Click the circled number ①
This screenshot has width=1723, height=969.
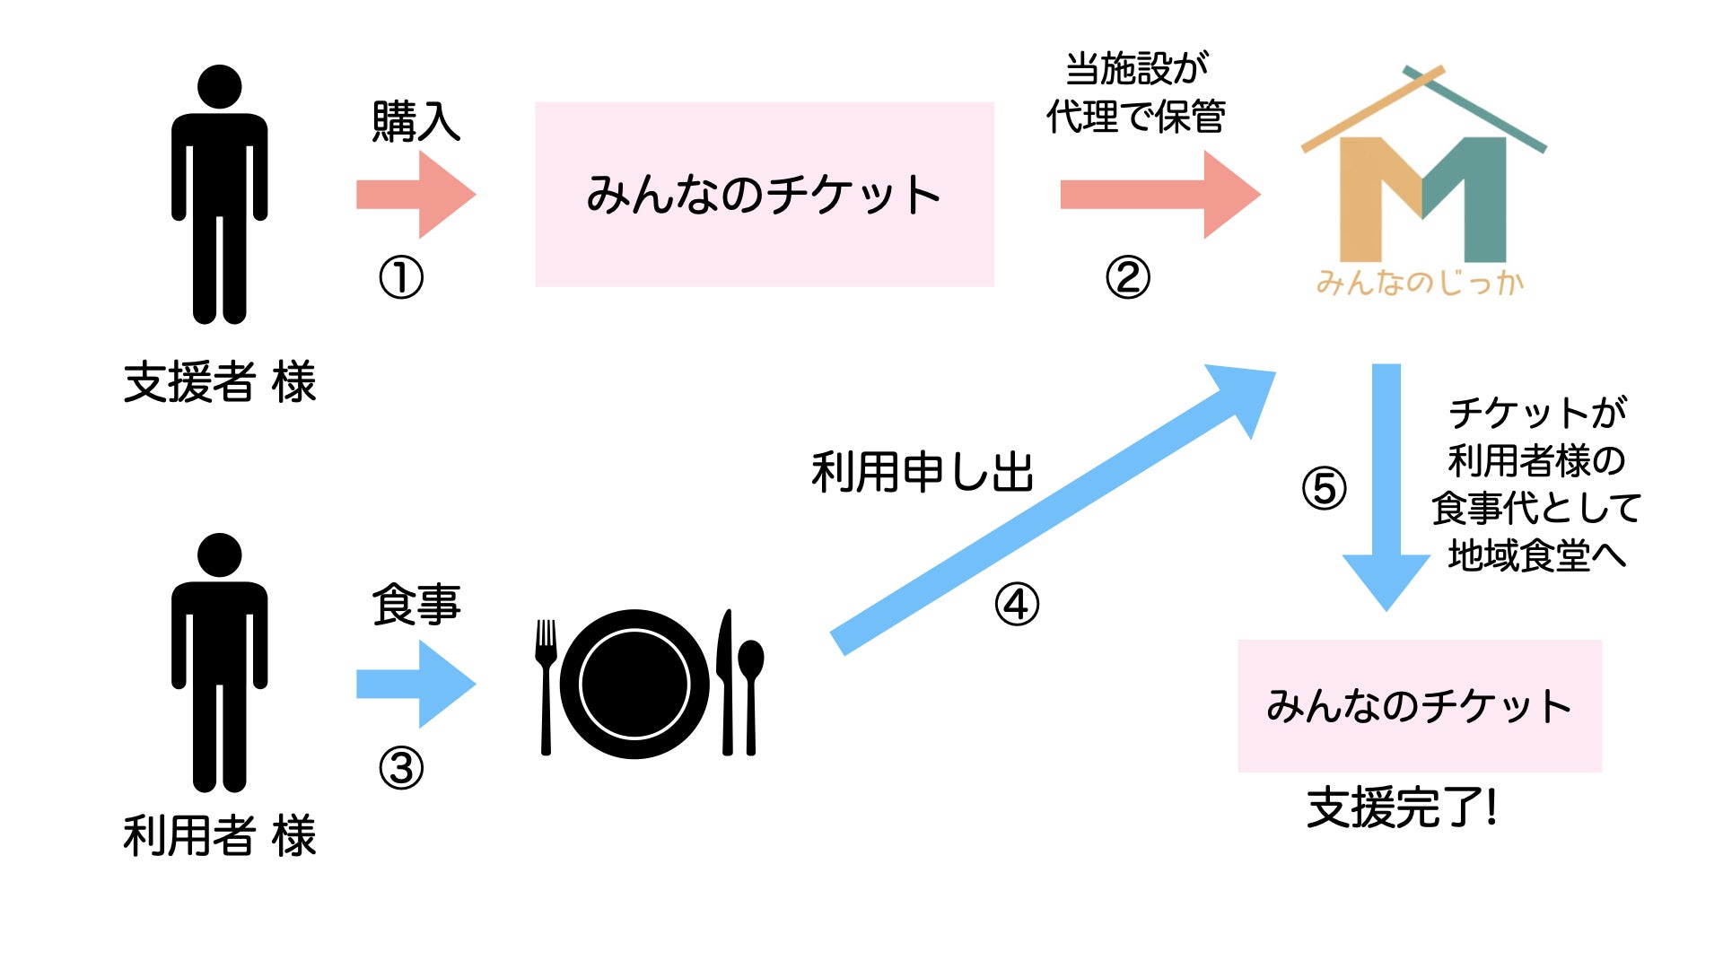[401, 278]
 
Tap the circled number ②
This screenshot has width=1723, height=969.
[1127, 278]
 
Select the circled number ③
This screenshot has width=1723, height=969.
[401, 769]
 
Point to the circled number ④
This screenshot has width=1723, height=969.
[1017, 605]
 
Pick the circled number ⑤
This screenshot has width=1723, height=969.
[1325, 489]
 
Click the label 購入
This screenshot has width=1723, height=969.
[416, 122]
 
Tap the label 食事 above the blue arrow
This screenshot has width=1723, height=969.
[416, 605]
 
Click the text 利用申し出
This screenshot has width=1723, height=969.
[923, 472]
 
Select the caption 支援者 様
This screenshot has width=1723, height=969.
[220, 382]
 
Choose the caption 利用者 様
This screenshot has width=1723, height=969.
[220, 836]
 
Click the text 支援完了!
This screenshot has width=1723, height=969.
[1402, 807]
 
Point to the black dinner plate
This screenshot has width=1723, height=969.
[634, 685]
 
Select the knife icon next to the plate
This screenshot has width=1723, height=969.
[725, 682]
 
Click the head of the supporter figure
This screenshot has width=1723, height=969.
[220, 87]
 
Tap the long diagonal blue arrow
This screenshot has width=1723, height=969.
[1050, 511]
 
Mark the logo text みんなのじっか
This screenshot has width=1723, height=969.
[1420, 284]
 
